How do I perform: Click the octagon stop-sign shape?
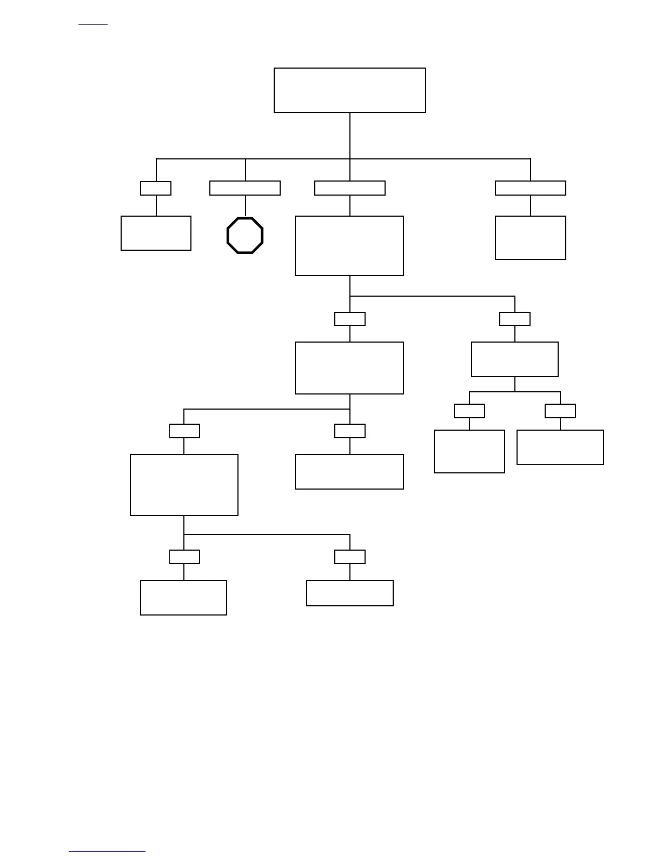pyautogui.click(x=245, y=235)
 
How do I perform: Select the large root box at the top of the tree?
pyautogui.click(x=349, y=90)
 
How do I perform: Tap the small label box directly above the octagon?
pyautogui.click(x=245, y=188)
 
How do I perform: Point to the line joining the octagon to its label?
pyautogui.click(x=245, y=206)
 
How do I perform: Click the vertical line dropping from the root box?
pyautogui.click(x=350, y=135)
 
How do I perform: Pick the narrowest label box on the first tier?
pyautogui.click(x=156, y=188)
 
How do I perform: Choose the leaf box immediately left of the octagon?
pyautogui.click(x=156, y=233)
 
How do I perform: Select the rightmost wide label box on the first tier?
pyautogui.click(x=531, y=188)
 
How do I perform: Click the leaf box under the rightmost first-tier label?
pyautogui.click(x=531, y=238)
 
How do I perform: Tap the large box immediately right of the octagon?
pyautogui.click(x=349, y=246)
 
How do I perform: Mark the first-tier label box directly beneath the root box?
pyautogui.click(x=350, y=188)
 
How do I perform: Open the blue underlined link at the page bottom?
pyautogui.click(x=107, y=851)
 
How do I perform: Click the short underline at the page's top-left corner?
pyautogui.click(x=93, y=25)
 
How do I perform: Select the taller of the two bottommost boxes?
pyautogui.click(x=183, y=598)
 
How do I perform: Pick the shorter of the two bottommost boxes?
pyautogui.click(x=350, y=593)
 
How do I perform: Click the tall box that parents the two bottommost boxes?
pyautogui.click(x=184, y=485)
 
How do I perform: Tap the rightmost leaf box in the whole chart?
pyautogui.click(x=560, y=447)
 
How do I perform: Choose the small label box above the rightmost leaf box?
pyautogui.click(x=560, y=411)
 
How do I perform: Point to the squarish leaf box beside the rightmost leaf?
pyautogui.click(x=469, y=451)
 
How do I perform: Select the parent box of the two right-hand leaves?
pyautogui.click(x=515, y=359)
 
